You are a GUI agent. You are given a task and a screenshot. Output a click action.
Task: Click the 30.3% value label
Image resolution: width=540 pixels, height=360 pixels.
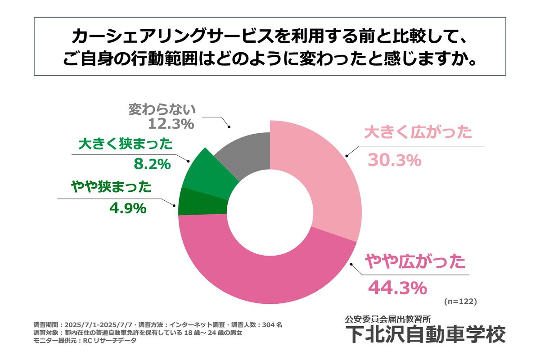(x=394, y=160)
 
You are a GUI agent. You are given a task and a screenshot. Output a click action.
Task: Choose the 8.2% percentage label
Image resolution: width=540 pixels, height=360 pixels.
(x=153, y=164)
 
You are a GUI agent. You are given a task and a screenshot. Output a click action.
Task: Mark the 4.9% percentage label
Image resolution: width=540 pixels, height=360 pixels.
(x=128, y=208)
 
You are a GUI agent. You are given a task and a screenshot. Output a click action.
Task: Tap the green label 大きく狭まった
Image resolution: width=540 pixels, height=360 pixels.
(x=125, y=144)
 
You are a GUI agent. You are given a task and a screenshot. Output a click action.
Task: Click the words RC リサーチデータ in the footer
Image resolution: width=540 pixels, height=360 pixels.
(x=108, y=341)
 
